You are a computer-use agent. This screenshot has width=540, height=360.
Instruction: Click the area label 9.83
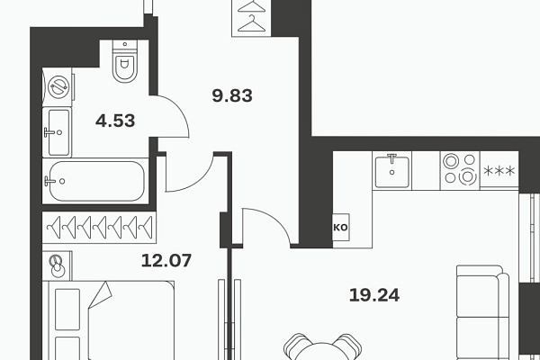232,95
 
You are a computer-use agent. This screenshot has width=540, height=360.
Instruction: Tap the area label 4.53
115,121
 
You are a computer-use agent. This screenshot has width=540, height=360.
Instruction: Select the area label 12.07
166,260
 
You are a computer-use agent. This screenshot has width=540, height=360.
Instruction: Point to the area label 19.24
374,295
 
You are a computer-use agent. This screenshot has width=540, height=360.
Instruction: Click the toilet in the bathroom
125,61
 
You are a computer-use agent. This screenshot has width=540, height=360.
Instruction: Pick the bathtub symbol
95,181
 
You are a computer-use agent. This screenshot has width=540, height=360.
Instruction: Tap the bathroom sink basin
58,132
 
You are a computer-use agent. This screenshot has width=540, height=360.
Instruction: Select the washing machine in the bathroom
58,86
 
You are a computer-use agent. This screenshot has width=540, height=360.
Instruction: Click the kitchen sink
391,170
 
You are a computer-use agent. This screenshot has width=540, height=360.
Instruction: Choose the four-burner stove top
460,170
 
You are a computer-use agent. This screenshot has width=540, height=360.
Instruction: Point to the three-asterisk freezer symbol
499,170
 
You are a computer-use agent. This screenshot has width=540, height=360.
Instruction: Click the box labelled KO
341,228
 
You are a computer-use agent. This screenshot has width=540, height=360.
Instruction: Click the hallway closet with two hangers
251,18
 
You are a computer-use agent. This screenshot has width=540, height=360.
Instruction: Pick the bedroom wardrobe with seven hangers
99,228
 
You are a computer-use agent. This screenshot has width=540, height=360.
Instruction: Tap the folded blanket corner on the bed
101,295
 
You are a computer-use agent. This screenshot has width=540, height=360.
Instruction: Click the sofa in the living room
482,312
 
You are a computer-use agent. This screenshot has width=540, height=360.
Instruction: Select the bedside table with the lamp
58,265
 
